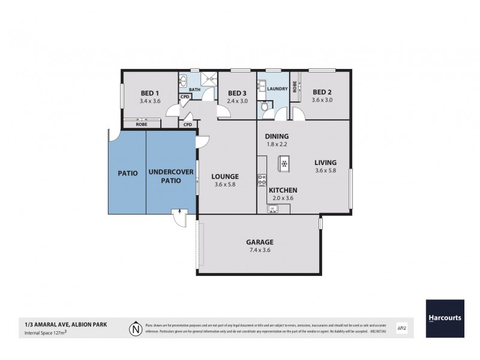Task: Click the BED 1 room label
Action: point(149,93)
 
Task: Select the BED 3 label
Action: point(237,93)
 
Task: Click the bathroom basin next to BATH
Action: point(184,81)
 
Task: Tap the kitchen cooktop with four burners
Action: point(262,179)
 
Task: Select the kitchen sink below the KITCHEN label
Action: point(273,209)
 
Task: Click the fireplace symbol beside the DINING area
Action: point(284,163)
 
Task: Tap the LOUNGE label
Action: point(225,176)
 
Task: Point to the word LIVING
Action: point(325,162)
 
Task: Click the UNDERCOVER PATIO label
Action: point(170,176)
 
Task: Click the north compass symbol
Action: point(134,328)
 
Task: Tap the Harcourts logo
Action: point(445,317)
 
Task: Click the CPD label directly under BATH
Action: point(185,97)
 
